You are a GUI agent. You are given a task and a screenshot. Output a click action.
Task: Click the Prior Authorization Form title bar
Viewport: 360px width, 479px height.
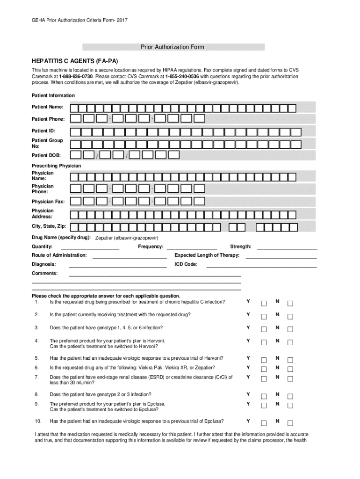[173, 47]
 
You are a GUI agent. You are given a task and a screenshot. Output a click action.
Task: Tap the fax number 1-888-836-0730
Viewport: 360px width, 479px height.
[76, 76]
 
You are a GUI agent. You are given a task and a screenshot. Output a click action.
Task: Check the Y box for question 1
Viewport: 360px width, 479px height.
[264, 303]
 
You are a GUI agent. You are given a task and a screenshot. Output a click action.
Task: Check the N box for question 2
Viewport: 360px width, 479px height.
[290, 317]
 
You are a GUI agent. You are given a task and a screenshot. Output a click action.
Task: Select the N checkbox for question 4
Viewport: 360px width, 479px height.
[290, 343]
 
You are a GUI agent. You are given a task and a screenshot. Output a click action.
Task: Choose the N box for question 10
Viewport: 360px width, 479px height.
[290, 423]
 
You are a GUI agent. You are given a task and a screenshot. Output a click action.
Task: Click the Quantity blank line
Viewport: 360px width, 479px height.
[90, 248]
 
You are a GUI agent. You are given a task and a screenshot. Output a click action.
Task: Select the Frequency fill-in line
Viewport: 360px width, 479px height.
[192, 248]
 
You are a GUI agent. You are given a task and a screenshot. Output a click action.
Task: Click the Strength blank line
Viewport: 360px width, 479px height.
[287, 248]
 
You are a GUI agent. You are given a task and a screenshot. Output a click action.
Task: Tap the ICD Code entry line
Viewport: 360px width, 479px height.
[261, 266]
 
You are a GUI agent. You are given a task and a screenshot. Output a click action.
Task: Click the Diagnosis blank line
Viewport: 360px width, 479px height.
[117, 266]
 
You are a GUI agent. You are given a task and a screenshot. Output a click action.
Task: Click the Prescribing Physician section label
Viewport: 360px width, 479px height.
[56, 166]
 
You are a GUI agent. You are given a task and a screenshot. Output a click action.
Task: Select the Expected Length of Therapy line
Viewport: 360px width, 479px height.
[281, 257]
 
